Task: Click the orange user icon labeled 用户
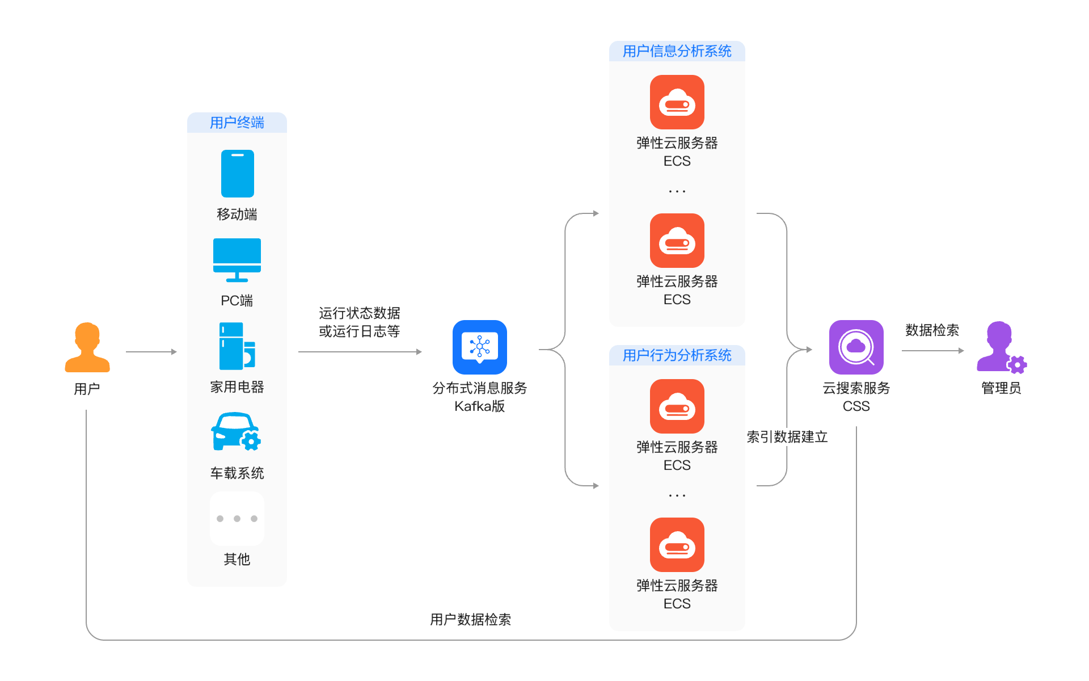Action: [87, 347]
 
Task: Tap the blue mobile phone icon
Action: [237, 174]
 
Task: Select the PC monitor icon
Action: [237, 260]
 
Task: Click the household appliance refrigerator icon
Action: [237, 346]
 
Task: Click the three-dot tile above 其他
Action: [237, 519]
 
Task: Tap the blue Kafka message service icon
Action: [480, 347]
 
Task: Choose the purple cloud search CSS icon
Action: [856, 347]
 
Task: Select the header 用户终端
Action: [237, 123]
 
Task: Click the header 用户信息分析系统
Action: [677, 51]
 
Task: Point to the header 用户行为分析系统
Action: [677, 355]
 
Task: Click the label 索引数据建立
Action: [787, 437]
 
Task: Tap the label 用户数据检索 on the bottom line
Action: [471, 620]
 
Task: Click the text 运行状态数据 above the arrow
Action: [360, 313]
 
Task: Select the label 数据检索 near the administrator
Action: [932, 330]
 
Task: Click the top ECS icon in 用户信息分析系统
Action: [677, 102]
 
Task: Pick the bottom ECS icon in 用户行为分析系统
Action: [677, 545]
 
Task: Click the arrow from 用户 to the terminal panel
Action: [151, 352]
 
